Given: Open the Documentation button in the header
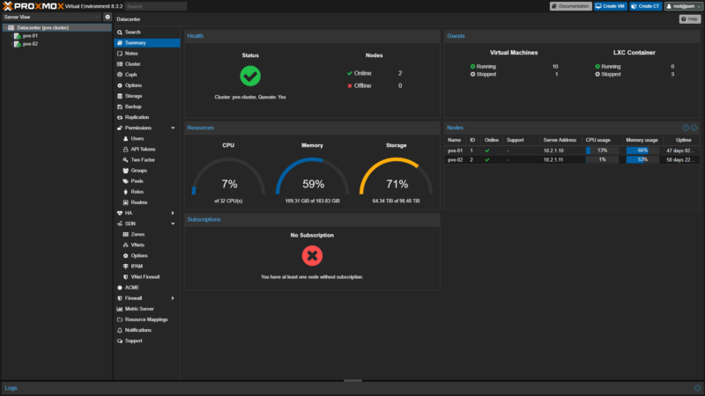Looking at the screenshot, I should [x=571, y=6].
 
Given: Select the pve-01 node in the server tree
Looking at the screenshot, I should [x=30, y=35].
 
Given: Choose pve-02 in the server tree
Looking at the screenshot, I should [x=30, y=43].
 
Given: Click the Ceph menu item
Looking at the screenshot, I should [x=130, y=75].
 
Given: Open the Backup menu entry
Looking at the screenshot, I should [x=132, y=106].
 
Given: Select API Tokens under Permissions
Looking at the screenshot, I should [x=143, y=149].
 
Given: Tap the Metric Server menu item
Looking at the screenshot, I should [x=139, y=309].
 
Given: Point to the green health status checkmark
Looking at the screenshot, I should [x=250, y=76].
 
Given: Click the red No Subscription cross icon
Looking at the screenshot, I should [x=312, y=256].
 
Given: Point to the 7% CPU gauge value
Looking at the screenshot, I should [x=229, y=185].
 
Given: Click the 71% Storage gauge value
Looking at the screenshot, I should [x=397, y=185].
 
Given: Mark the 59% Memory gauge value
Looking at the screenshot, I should [x=313, y=185].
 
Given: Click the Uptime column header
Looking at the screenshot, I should [x=683, y=139].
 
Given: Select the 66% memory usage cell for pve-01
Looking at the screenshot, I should [x=643, y=150].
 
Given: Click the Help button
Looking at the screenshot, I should [x=690, y=18].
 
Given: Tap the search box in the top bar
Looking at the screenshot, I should [x=155, y=6].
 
